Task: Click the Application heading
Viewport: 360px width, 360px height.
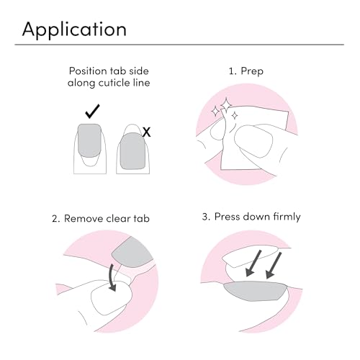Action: coord(74,29)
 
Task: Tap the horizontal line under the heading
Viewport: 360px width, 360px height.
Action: coord(180,45)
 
